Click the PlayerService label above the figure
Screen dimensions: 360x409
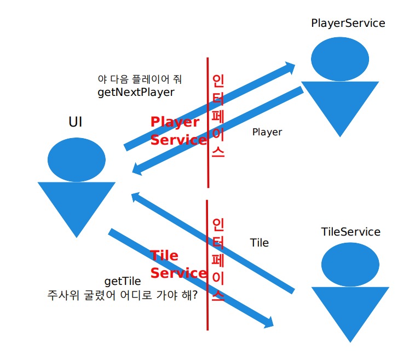click(x=348, y=23)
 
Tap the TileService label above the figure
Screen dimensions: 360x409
click(x=350, y=232)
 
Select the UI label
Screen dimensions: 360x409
click(x=76, y=122)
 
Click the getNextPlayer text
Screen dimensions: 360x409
click(x=136, y=92)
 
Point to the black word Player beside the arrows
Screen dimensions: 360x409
click(x=267, y=132)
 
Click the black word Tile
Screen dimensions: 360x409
click(x=259, y=242)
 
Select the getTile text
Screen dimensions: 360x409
click(x=123, y=281)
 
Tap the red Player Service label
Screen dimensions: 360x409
click(x=178, y=130)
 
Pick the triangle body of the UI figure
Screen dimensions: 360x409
click(x=77, y=205)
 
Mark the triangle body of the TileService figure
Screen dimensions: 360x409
click(x=350, y=310)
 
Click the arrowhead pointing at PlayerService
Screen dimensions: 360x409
click(x=288, y=68)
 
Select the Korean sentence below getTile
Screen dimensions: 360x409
click(x=123, y=295)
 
